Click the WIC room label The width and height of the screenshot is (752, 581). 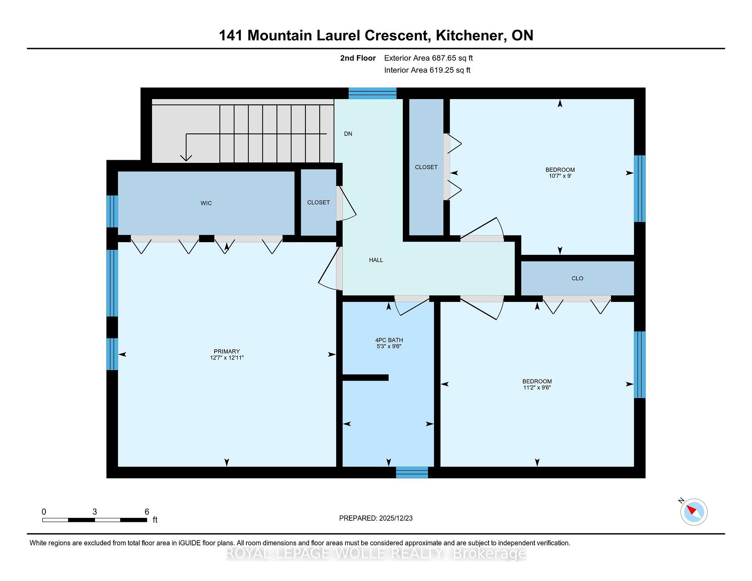[x=206, y=203]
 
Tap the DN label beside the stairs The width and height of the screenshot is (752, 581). [x=348, y=134]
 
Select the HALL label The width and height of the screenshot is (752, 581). [x=376, y=260]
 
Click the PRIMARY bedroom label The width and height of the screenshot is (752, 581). [x=227, y=352]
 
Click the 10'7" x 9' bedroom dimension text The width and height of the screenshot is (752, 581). [x=560, y=176]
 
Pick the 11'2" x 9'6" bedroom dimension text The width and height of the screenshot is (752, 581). [x=537, y=388]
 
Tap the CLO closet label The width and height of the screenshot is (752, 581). [x=577, y=278]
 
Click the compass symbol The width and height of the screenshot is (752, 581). [x=694, y=512]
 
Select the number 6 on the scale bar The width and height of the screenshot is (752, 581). [x=147, y=512]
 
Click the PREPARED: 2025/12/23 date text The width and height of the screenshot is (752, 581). [x=376, y=518]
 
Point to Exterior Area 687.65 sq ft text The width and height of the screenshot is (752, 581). [x=428, y=58]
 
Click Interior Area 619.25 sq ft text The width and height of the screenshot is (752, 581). [x=427, y=70]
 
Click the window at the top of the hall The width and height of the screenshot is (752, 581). [x=372, y=93]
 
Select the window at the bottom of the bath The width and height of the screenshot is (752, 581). [x=412, y=473]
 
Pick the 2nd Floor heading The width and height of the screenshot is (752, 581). [x=358, y=58]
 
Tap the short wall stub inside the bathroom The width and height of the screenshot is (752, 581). [x=365, y=377]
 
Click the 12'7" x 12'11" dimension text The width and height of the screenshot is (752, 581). [x=227, y=358]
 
